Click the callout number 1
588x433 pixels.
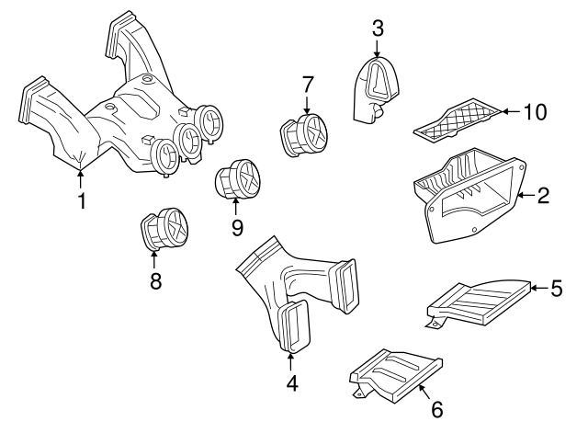pyautogui.click(x=82, y=201)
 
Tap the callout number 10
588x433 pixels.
pyautogui.click(x=535, y=112)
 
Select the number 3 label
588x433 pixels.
pyautogui.click(x=378, y=28)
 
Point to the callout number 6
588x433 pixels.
pyautogui.click(x=437, y=409)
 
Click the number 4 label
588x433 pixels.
pyautogui.click(x=292, y=383)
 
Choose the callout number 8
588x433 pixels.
pyautogui.click(x=155, y=280)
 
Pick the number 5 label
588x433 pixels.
pyautogui.click(x=557, y=288)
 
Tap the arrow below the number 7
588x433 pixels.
pyautogui.click(x=307, y=105)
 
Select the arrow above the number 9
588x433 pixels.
pyautogui.click(x=236, y=206)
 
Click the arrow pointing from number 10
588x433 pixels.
pyautogui.click(x=511, y=111)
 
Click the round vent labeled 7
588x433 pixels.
pyautogui.click(x=304, y=135)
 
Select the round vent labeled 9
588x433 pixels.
pyautogui.click(x=237, y=178)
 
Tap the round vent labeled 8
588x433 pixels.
pyautogui.click(x=164, y=229)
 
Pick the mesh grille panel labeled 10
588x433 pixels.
pyautogui.click(x=458, y=120)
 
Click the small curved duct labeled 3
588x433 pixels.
pyautogui.click(x=377, y=90)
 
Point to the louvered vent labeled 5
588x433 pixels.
pyautogui.click(x=480, y=302)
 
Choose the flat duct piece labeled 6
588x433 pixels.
pyautogui.click(x=396, y=376)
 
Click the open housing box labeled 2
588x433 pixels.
pyautogui.click(x=469, y=195)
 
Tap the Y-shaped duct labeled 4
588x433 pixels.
pyautogui.click(x=296, y=294)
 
